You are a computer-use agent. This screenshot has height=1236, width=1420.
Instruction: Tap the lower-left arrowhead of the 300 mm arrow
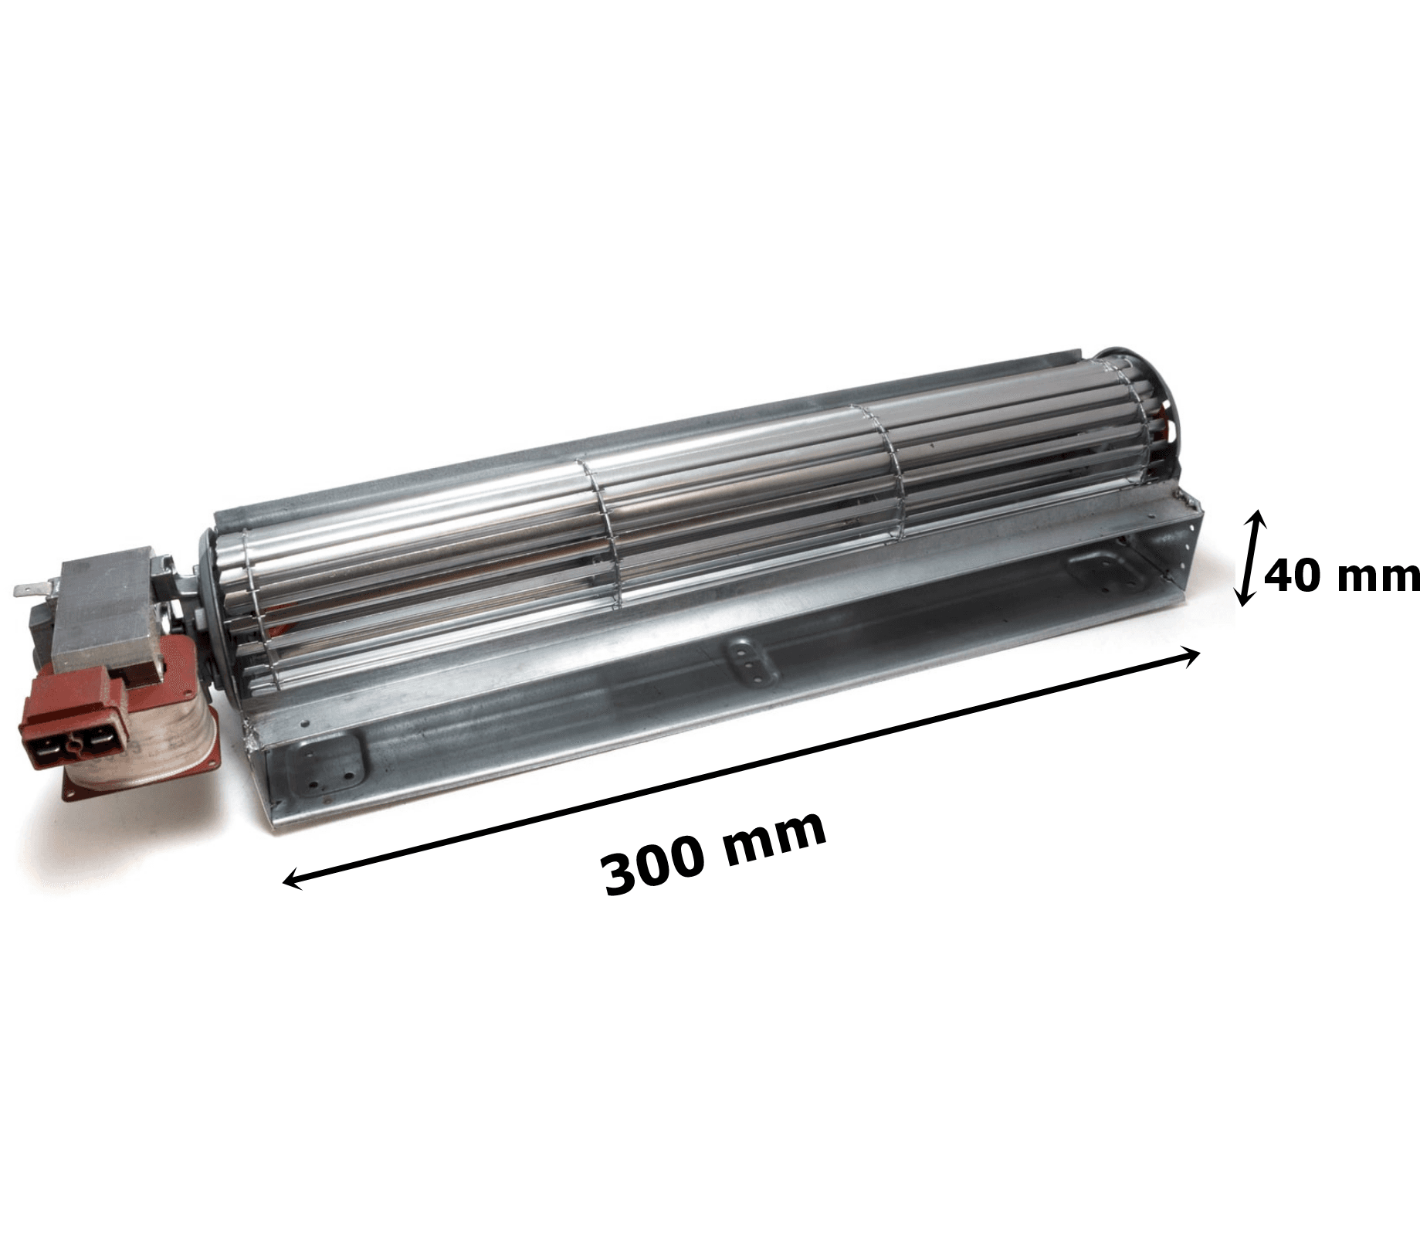(292, 878)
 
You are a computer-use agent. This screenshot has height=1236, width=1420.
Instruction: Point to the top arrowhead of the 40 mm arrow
(1258, 518)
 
